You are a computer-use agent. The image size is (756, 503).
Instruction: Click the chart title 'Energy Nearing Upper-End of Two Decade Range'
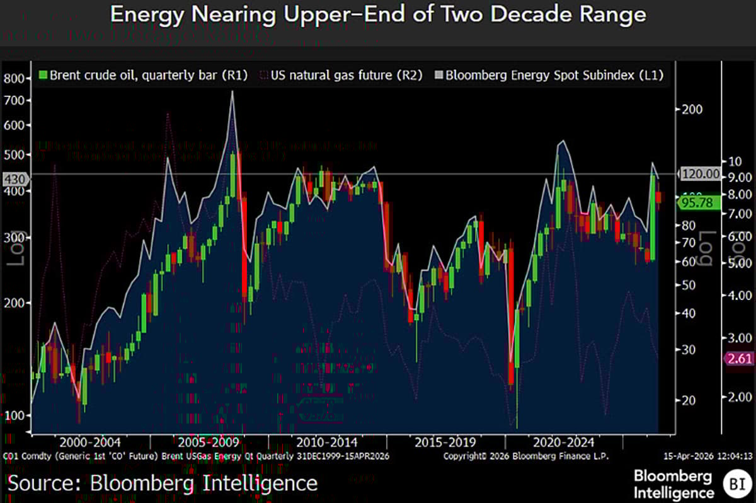point(378,15)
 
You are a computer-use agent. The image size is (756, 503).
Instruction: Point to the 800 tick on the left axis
point(14,79)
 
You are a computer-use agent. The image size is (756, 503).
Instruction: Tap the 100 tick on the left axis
point(14,415)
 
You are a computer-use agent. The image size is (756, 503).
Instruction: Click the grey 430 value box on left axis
point(13,180)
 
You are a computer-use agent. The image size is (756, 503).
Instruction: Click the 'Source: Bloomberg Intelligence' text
point(163,483)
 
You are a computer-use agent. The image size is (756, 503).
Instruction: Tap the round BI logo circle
point(735,483)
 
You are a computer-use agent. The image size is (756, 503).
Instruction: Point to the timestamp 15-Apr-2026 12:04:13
point(708,456)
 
